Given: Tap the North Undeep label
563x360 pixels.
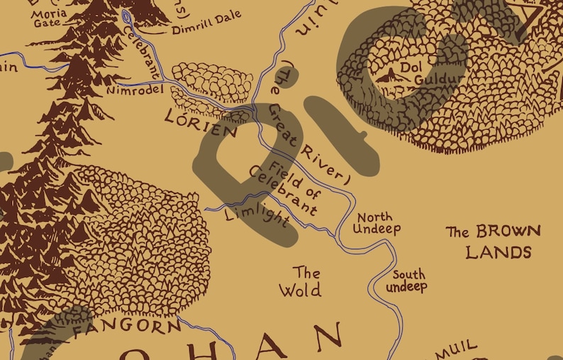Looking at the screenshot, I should point(377,223).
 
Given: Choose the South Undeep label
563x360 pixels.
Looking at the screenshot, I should point(407,281).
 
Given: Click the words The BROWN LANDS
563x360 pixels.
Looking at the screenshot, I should point(493,242).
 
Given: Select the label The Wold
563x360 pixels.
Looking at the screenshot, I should point(300,281).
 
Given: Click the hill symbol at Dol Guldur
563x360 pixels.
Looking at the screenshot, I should point(387,74).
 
